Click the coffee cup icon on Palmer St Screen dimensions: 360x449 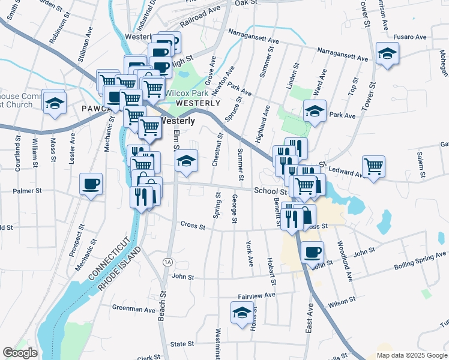click(91, 184)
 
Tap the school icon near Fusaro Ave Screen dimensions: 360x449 click(387, 53)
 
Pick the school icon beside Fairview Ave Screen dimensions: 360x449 click(242, 313)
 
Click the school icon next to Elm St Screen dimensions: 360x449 click(187, 160)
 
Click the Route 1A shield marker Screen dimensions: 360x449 click(167, 262)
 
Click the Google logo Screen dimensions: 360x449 click(20, 353)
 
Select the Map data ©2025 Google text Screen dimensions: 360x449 click(411, 355)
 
